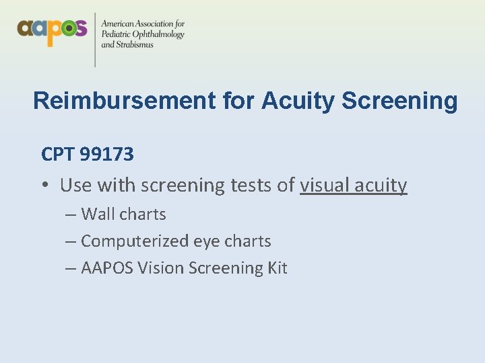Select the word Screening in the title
399,101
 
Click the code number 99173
106,155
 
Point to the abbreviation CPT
58,155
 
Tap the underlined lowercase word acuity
382,185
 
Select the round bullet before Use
45,185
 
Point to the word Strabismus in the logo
133,45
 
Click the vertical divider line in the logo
95,38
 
